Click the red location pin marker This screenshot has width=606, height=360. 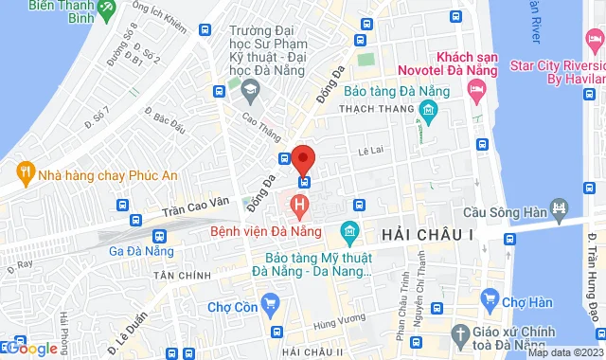click(302, 158)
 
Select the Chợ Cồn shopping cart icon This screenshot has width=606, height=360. click(271, 305)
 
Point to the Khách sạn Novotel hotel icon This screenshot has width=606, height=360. click(476, 91)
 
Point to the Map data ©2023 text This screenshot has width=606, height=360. click(562, 352)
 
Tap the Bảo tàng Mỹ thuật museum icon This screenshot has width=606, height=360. click(349, 231)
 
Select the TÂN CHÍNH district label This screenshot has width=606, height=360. click(184, 273)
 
